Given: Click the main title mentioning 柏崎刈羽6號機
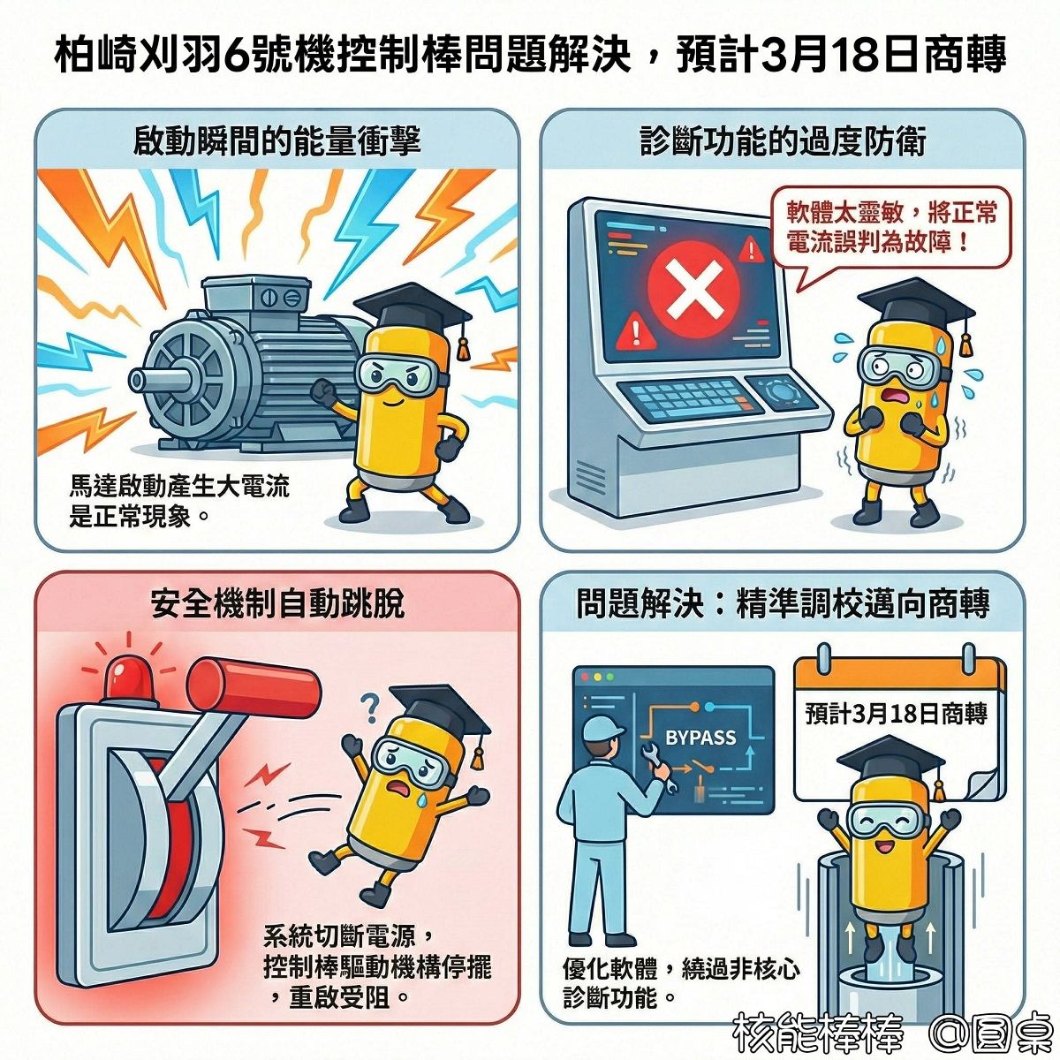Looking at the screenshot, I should click(x=530, y=56).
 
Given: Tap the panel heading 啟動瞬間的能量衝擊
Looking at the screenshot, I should click(x=276, y=141).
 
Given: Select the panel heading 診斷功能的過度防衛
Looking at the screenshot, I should click(x=783, y=141).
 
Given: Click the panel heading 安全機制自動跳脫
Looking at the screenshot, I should click(x=276, y=603).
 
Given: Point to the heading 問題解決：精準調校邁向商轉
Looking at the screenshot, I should click(x=783, y=603).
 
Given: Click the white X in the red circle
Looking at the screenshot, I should click(x=693, y=291).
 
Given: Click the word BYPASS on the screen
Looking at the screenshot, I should click(x=700, y=738).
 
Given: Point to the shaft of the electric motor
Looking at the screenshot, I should click(x=160, y=380).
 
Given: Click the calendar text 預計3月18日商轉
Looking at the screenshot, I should click(x=897, y=714).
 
